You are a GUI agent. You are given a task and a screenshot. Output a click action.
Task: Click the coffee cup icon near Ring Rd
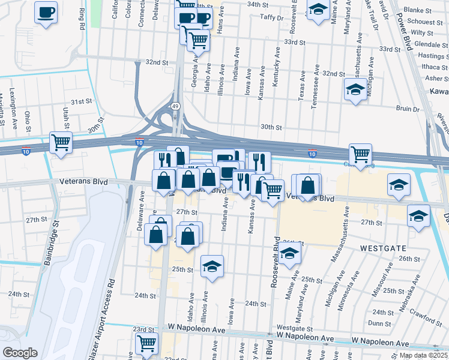(x=46, y=13)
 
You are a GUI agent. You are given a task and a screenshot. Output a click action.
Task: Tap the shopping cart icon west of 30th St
(x=61, y=143)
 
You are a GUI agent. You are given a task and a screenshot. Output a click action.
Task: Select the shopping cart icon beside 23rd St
(x=146, y=344)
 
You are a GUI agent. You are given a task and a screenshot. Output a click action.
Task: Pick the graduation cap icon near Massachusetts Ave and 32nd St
(x=355, y=91)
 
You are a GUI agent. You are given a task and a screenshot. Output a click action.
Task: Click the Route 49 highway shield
(x=175, y=106)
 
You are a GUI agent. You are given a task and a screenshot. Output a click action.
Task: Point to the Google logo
(x=20, y=353)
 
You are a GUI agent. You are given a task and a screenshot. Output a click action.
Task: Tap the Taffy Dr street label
(x=271, y=18)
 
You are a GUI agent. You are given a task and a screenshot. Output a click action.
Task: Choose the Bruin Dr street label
(x=407, y=109)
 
